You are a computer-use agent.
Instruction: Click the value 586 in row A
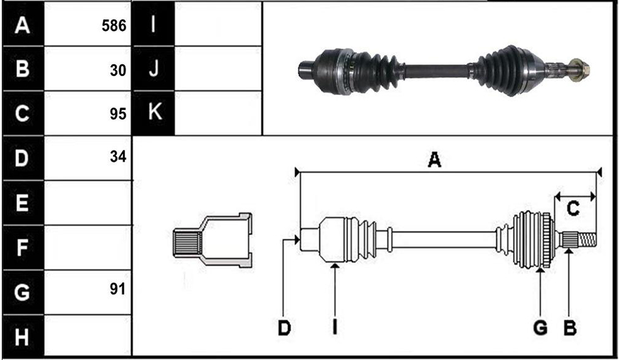click(x=114, y=26)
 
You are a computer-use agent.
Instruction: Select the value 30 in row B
click(x=118, y=70)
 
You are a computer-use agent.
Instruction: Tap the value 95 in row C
click(x=118, y=114)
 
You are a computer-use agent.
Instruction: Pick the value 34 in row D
click(x=118, y=157)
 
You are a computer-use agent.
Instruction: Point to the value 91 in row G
click(x=117, y=289)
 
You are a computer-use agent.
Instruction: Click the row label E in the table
click(x=22, y=203)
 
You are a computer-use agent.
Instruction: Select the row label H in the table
click(x=22, y=337)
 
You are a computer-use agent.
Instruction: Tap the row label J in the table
click(x=153, y=69)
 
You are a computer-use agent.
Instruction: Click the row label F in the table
click(x=22, y=248)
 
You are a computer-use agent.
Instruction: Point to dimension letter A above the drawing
click(x=435, y=160)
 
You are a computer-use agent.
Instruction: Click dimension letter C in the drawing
click(x=573, y=208)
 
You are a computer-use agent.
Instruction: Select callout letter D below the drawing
click(x=284, y=327)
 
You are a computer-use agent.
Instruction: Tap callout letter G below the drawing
click(x=540, y=327)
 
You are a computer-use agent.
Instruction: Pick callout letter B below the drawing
click(x=570, y=327)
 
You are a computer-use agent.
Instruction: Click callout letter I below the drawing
click(x=335, y=327)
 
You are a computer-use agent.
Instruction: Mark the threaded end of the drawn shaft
click(x=587, y=239)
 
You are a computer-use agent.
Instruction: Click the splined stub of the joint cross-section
click(x=187, y=244)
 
